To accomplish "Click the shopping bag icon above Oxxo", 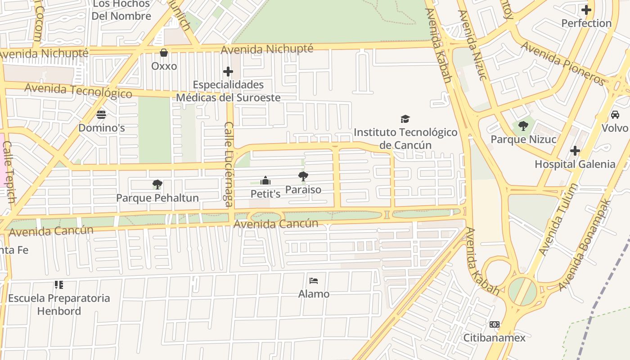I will point(164,53).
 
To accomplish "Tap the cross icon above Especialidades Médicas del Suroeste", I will point(228,72).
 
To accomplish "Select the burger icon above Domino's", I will point(101,114).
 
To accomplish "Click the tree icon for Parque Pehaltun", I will point(157,184).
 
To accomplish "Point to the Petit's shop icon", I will point(265,180).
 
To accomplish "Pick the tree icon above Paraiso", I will point(303,176).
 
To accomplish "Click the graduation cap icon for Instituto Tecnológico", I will point(405,119).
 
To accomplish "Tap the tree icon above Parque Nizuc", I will point(523,126).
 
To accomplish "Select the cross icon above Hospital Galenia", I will point(575,151).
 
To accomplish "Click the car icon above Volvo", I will point(615,114).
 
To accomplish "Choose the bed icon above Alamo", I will point(314,281).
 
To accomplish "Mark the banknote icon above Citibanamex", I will point(494,324).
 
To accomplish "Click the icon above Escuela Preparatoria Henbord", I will point(58,285).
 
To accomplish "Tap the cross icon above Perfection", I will point(586,9).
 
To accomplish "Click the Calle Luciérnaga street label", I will point(229,164).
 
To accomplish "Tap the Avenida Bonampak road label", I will point(585,245).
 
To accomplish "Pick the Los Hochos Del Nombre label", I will point(121,10).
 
